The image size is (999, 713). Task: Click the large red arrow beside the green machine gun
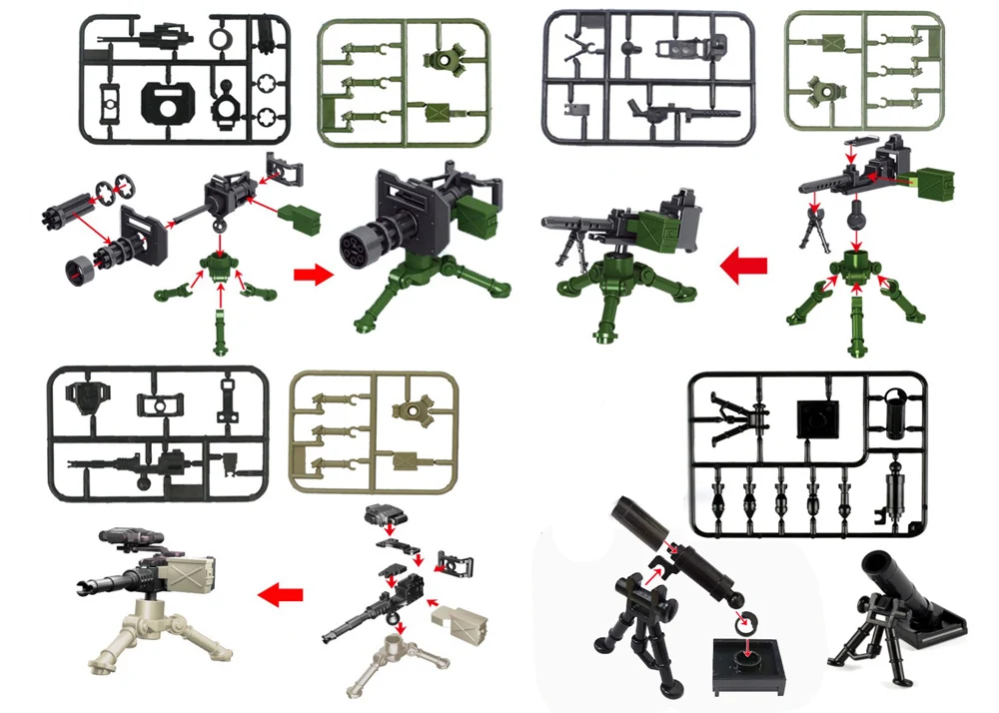(743, 266)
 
